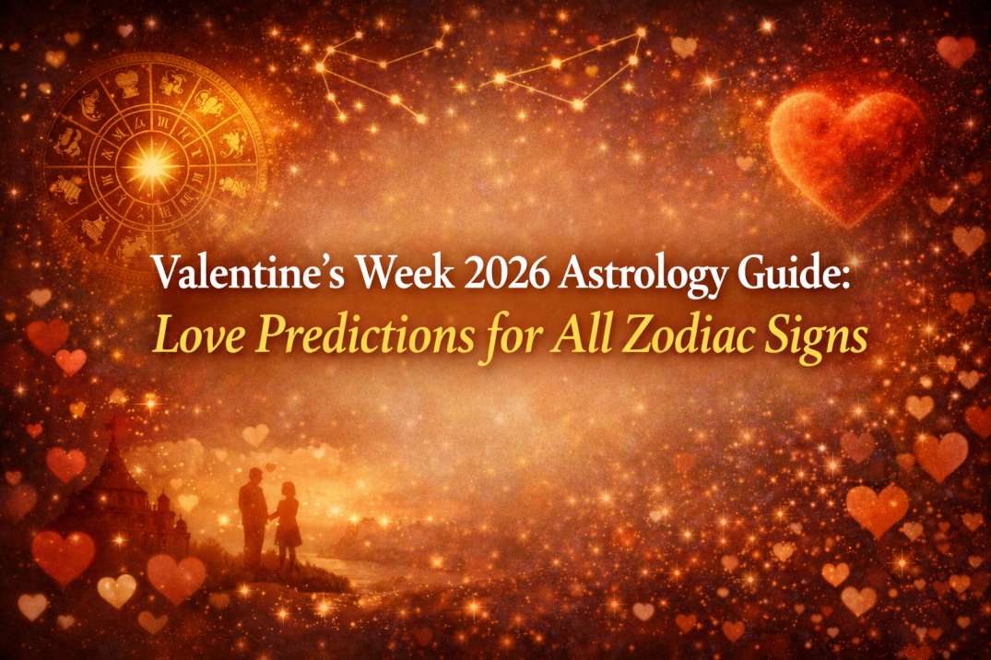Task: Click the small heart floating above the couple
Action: click(267, 467)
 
